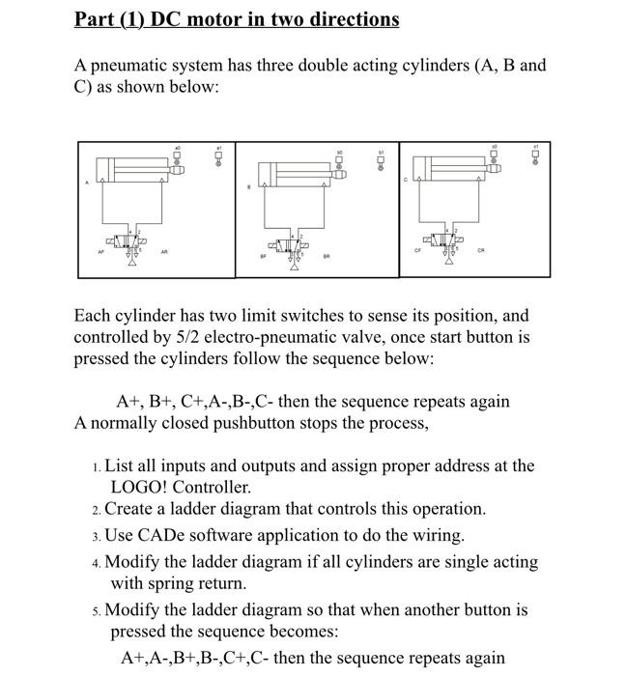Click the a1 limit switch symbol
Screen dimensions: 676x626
pyautogui.click(x=219, y=155)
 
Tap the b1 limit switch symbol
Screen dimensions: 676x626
pyautogui.click(x=383, y=158)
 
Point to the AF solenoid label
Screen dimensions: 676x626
pyautogui.click(x=100, y=249)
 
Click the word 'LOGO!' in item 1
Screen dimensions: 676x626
pyautogui.click(x=139, y=488)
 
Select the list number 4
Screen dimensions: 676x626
pyautogui.click(x=98, y=562)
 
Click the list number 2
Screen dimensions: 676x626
pyautogui.click(x=98, y=509)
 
